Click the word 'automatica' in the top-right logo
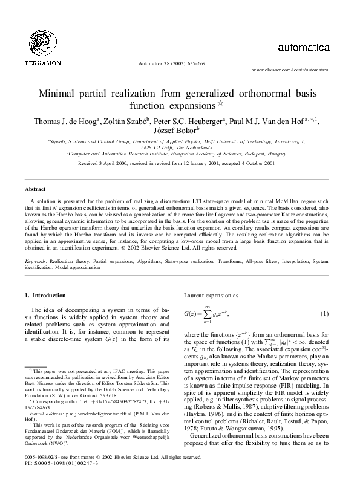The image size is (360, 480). [x=303, y=47]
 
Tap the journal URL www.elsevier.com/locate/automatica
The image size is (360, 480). [x=294, y=71]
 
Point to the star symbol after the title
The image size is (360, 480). [x=221, y=104]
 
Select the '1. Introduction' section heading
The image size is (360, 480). [x=45, y=296]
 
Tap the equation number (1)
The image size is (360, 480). [x=324, y=314]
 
